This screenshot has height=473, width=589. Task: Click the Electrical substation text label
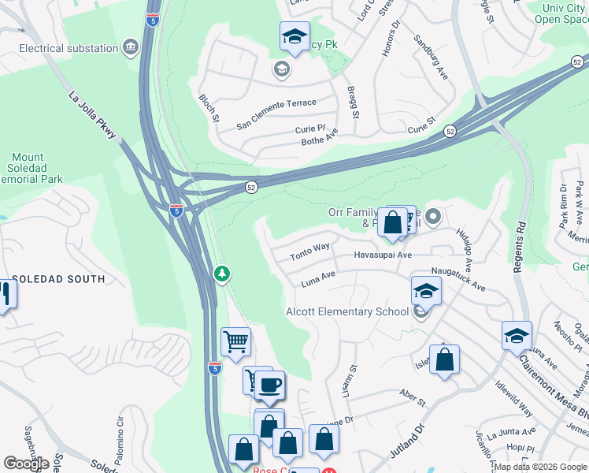[69, 48]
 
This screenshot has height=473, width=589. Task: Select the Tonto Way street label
[309, 251]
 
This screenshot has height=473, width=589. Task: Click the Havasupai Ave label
[383, 255]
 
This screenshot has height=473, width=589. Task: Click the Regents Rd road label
[518, 248]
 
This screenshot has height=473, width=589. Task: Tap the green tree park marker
[223, 274]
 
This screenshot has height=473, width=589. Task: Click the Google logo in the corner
[26, 463]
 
